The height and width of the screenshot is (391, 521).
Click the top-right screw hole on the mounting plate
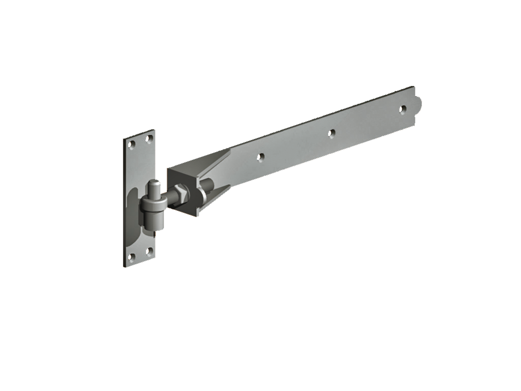[149, 139]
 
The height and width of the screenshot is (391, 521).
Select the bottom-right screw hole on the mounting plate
[149, 250]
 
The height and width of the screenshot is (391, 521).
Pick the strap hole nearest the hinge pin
[261, 157]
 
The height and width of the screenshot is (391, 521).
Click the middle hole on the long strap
[332, 133]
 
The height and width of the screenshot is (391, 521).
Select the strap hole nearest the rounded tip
[403, 109]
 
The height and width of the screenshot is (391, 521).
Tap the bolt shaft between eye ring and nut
[169, 198]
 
